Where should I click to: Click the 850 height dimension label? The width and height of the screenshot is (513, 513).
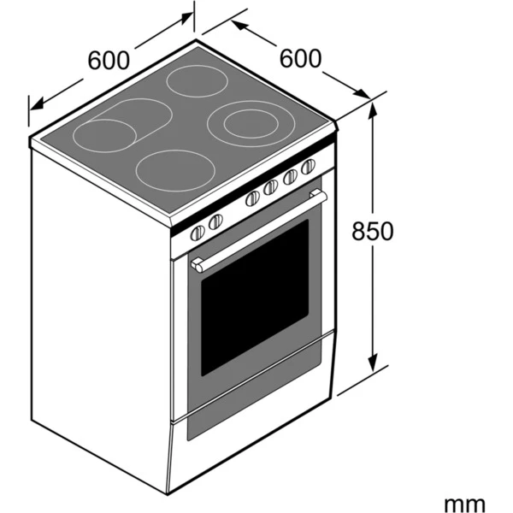tap(374, 232)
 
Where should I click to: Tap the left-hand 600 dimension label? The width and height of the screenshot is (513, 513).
tap(109, 61)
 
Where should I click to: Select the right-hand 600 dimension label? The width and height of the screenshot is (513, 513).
tap(301, 58)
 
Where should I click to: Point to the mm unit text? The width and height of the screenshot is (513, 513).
tap(464, 504)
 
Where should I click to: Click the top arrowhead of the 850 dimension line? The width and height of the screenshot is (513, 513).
tap(373, 109)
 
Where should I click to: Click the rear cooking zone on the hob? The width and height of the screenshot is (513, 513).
tap(195, 82)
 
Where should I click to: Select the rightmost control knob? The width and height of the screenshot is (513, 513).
tap(308, 166)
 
